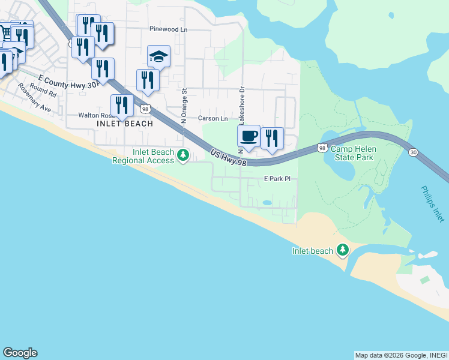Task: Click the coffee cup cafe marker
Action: click(x=249, y=136)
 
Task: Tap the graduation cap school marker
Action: click(x=158, y=57)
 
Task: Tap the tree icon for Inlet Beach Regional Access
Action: click(x=183, y=156)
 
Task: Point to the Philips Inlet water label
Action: click(x=433, y=204)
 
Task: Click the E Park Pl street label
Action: click(x=277, y=179)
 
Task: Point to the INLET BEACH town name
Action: click(x=125, y=124)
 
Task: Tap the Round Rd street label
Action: click(x=43, y=91)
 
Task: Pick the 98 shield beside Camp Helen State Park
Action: click(x=322, y=148)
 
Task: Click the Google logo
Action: click(x=20, y=353)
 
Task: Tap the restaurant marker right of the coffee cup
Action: click(x=272, y=139)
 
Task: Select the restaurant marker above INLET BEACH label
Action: click(x=122, y=105)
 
